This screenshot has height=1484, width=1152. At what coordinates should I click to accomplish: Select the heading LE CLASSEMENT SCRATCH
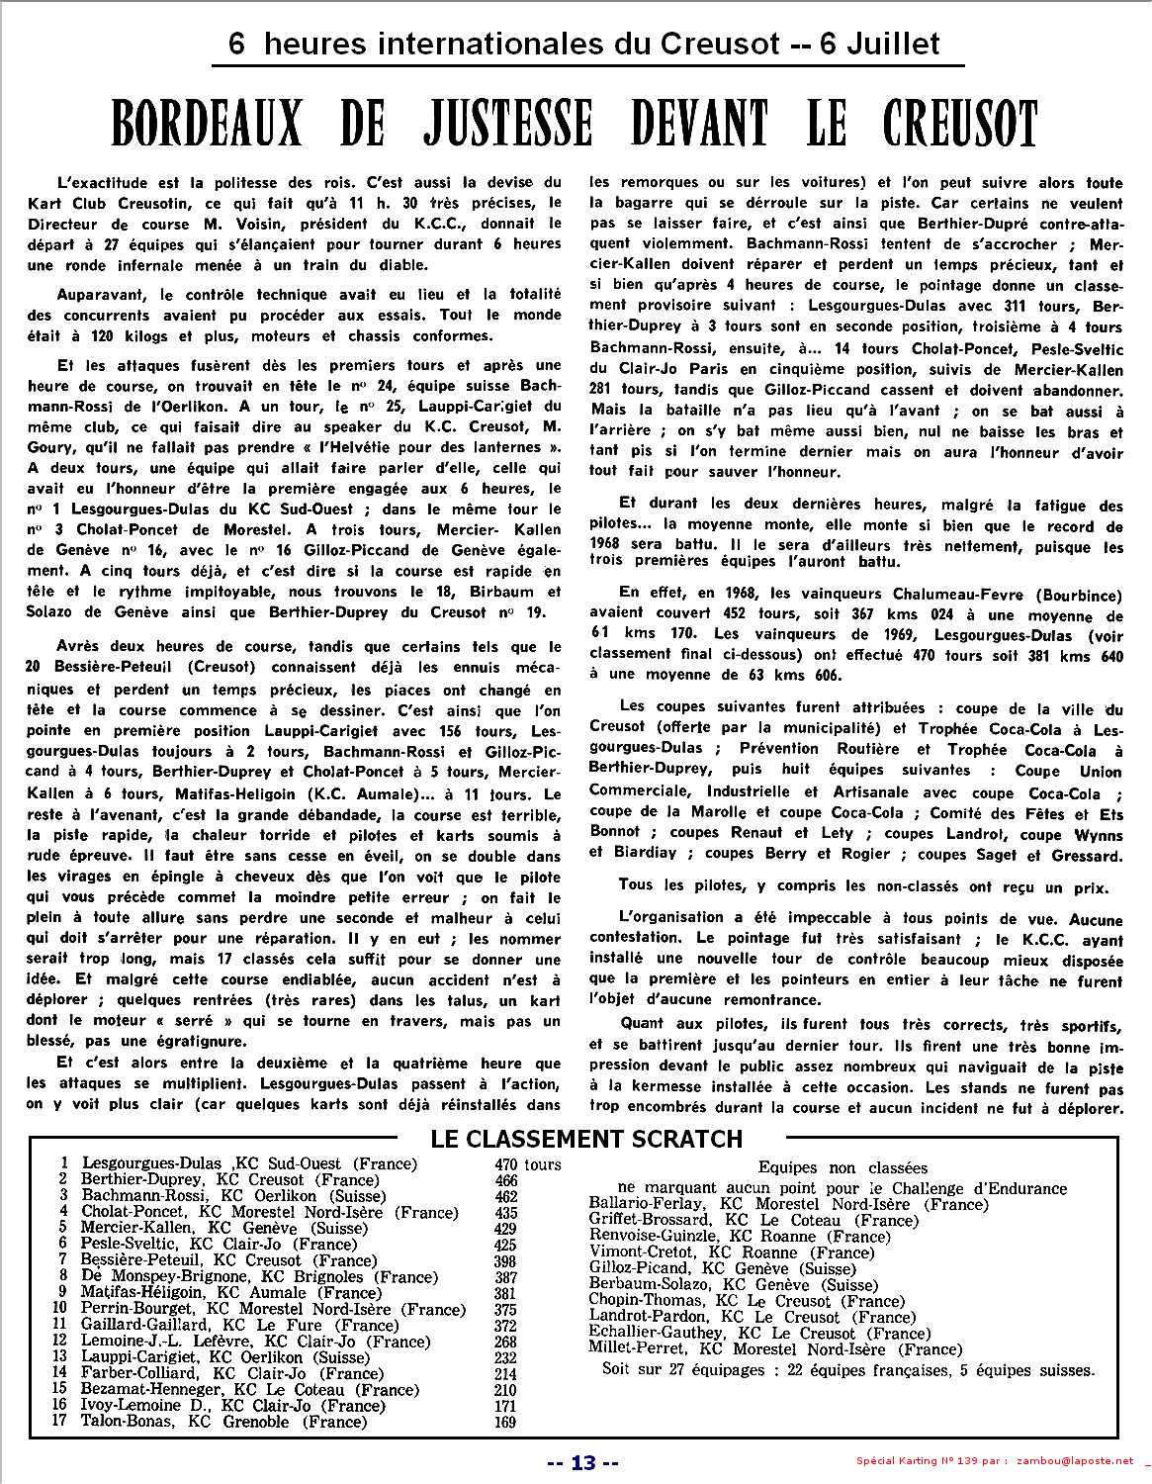click(x=586, y=1139)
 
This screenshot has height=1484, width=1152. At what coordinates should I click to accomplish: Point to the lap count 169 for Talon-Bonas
click(x=506, y=1423)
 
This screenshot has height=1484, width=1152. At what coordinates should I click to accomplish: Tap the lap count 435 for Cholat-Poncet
click(x=506, y=1213)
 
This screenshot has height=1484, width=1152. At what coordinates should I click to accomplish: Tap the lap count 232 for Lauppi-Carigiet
click(x=506, y=1358)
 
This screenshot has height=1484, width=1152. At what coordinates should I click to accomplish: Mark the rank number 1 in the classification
click(x=64, y=1164)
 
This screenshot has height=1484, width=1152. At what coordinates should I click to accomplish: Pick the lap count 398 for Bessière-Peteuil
click(x=506, y=1261)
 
